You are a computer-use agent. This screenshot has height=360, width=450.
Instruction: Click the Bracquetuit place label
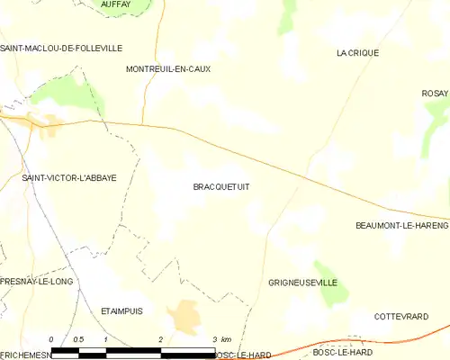[x=220, y=186]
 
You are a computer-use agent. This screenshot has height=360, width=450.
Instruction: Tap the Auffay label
[x=116, y=4]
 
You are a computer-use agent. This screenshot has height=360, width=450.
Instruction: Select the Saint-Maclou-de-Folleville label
[x=61, y=48]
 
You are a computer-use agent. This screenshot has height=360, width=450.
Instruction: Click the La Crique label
[x=357, y=53]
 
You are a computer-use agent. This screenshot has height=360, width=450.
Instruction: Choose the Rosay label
[x=435, y=94]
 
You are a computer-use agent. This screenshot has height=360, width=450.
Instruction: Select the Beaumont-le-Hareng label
[x=401, y=225]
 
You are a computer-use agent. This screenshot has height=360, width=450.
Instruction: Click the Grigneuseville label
[x=302, y=283]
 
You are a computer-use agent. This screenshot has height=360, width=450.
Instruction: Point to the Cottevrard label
[x=400, y=316]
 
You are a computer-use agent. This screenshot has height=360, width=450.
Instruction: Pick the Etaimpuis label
[x=121, y=310]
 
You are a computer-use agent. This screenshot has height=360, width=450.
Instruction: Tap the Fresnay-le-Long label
[x=35, y=281]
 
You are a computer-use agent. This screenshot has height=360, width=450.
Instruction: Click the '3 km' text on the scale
[x=221, y=338]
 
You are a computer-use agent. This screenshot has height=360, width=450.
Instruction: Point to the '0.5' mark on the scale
[x=78, y=338]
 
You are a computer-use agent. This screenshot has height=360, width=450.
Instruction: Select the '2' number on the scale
[x=160, y=338]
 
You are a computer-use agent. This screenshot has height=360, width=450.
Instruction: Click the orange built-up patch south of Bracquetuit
[x=185, y=316]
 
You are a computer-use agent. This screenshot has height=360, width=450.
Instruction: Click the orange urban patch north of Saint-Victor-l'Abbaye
[x=45, y=123]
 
